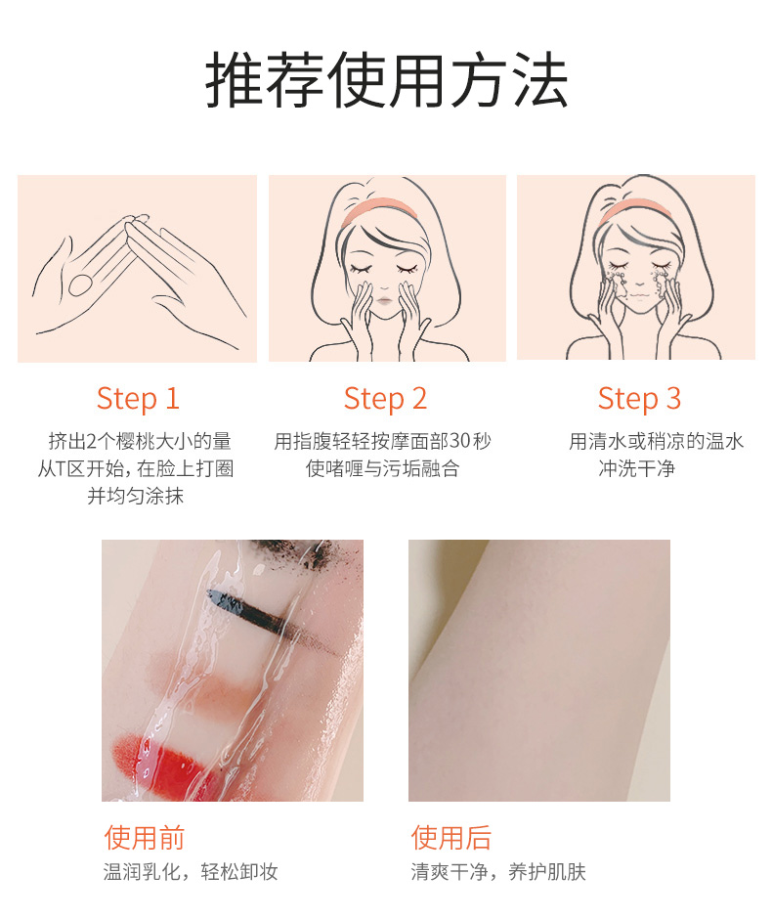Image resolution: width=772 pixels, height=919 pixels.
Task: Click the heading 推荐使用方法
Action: [386, 80]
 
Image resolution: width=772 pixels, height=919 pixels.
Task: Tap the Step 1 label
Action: [138, 399]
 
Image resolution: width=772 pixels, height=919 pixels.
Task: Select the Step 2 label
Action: [385, 399]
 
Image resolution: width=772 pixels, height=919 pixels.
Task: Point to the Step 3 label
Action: [639, 399]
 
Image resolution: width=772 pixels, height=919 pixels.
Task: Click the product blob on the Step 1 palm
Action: [80, 284]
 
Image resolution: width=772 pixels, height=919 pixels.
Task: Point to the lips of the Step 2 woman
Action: [384, 301]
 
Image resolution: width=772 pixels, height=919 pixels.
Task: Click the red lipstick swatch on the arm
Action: [164, 762]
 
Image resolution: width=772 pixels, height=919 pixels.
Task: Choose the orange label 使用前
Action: [145, 837]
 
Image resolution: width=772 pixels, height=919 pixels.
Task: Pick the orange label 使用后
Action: [451, 837]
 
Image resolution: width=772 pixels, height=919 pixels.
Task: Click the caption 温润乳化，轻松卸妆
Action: [191, 871]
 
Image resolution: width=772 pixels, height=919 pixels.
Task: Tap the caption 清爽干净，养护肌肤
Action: [498, 871]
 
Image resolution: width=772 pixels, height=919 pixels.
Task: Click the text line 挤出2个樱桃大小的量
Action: [140, 441]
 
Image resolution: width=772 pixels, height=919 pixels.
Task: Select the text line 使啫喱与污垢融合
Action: [382, 468]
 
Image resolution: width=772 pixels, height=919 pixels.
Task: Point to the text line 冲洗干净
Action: [637, 468]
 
